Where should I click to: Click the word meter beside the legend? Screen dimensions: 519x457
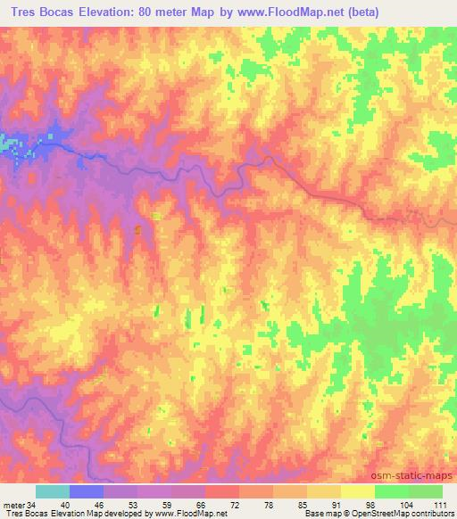tap(12, 504)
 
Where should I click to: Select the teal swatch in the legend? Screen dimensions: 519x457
tap(53, 491)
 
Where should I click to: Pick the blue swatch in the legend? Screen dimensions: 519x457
tap(87, 491)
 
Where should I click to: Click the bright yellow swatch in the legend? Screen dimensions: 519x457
tap(358, 491)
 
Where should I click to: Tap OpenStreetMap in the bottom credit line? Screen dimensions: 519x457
tap(391, 514)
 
